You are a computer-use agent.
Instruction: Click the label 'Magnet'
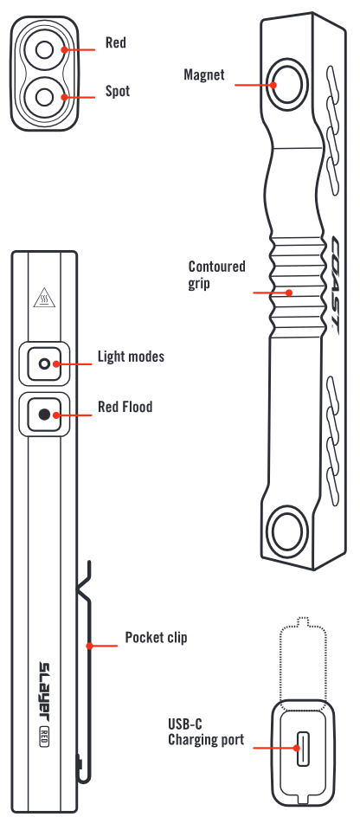204,74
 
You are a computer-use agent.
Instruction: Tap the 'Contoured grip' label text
216,274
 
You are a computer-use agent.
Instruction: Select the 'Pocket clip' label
156,637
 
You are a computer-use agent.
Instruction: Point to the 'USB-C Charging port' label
206,731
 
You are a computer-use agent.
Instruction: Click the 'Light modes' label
131,357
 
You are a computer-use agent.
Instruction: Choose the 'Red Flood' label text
125,407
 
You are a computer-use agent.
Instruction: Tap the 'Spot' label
118,91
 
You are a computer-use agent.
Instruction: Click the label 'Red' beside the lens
115,42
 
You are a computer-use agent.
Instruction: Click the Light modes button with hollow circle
44,364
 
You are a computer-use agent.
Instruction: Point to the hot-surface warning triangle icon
44,298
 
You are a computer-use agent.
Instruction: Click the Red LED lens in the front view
44,50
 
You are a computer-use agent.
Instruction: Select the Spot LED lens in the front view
44,97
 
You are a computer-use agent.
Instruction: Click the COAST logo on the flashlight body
336,283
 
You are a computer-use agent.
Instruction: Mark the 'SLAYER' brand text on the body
44,692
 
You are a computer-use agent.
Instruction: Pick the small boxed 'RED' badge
44,737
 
